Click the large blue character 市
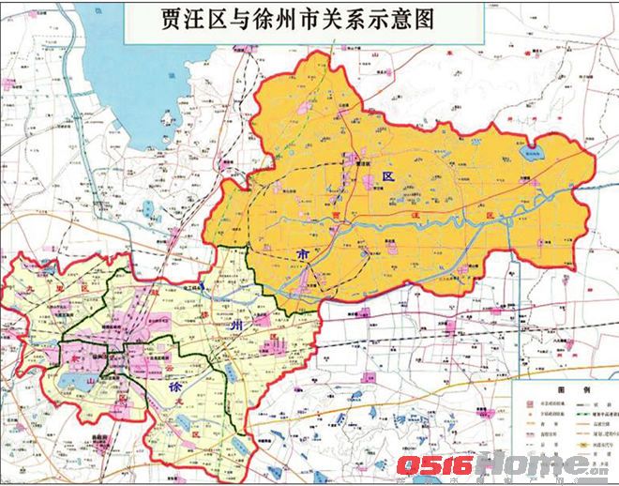302,254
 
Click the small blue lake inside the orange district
534,155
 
